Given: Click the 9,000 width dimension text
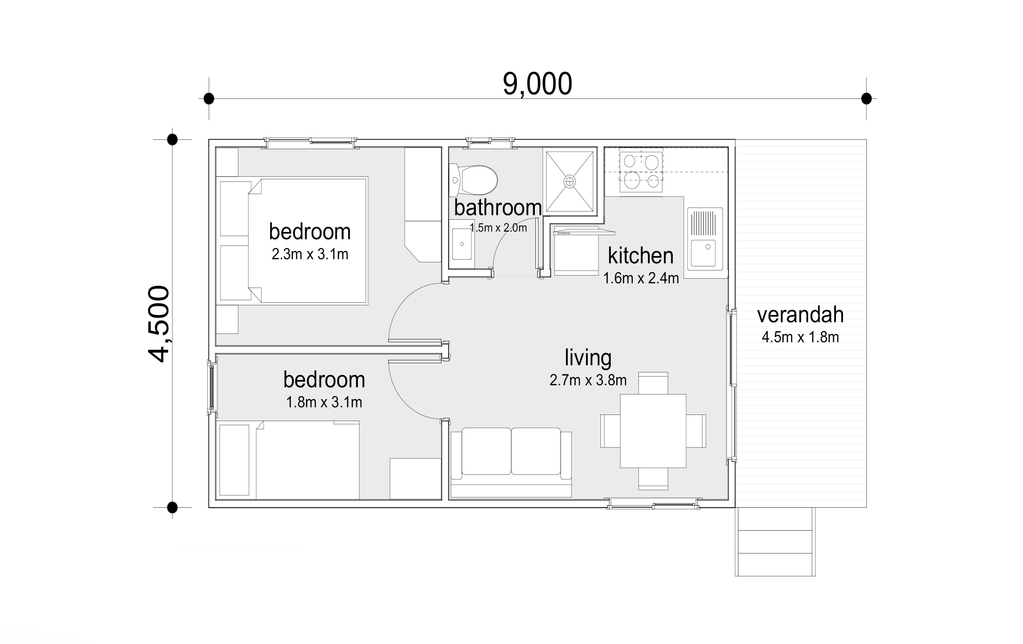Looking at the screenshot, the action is click(x=537, y=84).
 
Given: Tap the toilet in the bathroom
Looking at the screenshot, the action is click(x=473, y=180).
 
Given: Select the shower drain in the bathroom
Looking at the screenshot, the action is click(x=570, y=181).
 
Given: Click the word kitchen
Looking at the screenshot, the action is click(x=640, y=255).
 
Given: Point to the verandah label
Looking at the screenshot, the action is click(x=800, y=315).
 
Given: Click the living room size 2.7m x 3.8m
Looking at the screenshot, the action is click(x=588, y=380).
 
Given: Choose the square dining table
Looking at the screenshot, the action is click(x=653, y=430).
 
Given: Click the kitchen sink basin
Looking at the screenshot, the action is click(x=706, y=253).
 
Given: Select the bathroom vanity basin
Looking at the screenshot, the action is click(x=462, y=244).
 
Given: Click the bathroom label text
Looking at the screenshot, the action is click(x=498, y=207).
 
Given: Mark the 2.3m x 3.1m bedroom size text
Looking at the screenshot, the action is click(x=310, y=254).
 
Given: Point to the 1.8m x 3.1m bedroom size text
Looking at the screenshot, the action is click(x=324, y=402).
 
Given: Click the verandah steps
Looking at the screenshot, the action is click(x=775, y=542).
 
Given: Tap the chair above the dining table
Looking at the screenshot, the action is click(x=653, y=383).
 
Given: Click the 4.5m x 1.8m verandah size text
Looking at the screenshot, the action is click(x=800, y=337).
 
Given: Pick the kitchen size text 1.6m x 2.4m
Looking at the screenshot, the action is click(x=641, y=278).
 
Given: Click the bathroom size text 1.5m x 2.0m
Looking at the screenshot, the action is click(x=498, y=228).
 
